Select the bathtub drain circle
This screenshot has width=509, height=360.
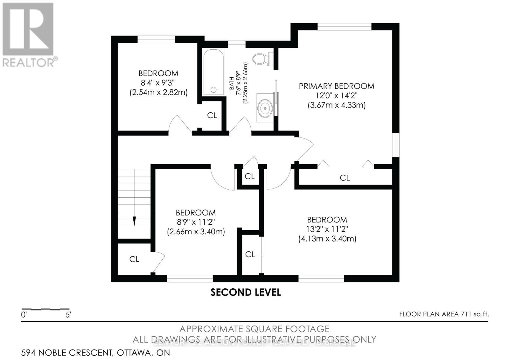[213, 90]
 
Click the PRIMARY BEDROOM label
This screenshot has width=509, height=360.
[336, 86]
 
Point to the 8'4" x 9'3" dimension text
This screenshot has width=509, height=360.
[158, 83]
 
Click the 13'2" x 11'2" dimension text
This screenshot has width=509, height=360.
[327, 229]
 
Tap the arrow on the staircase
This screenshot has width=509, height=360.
[134, 221]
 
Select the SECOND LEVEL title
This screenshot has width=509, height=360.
[246, 292]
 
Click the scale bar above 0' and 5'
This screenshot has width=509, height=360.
[45, 309]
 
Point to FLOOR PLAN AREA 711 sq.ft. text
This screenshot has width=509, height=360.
[444, 314]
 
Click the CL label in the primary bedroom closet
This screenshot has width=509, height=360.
[345, 178]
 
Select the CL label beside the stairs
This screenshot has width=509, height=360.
[134, 259]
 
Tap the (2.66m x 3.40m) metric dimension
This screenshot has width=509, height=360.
[196, 232]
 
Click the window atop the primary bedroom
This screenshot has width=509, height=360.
[344, 27]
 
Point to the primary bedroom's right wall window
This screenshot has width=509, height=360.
[395, 145]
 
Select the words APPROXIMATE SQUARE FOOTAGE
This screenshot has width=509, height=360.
[254, 329]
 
